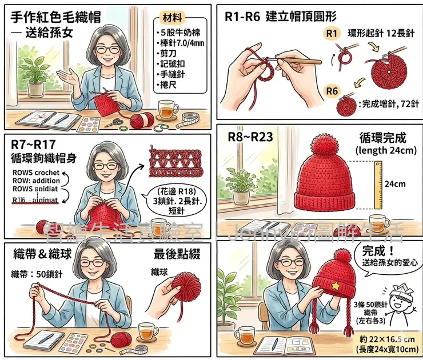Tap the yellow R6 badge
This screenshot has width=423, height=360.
[333, 90]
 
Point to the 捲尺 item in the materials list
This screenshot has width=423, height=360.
[170, 85]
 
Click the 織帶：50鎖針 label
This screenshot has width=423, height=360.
[37, 274]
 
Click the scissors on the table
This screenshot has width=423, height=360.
[112, 121]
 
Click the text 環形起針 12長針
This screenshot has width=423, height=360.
[381, 34]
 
